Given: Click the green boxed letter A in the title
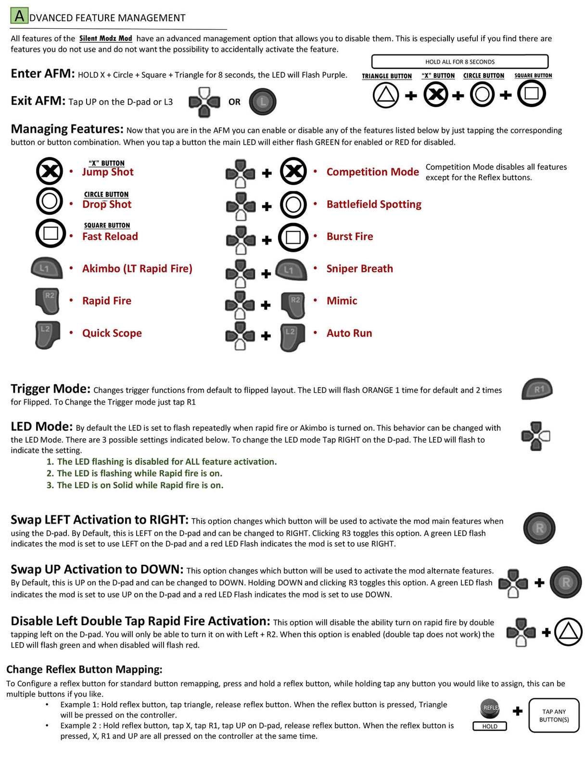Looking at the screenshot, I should click(x=19, y=16).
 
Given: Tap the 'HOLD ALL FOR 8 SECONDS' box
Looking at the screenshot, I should click(x=459, y=62).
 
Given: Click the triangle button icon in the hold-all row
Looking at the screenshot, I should click(x=385, y=95).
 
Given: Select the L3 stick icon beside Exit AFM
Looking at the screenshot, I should click(x=262, y=101).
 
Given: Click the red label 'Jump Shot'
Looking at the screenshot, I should click(x=108, y=172).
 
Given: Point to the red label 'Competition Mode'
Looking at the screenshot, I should click(x=372, y=172).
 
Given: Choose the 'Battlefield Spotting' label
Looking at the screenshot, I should click(x=374, y=204).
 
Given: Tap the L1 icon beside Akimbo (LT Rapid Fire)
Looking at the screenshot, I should click(x=47, y=268).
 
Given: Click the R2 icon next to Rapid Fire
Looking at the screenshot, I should click(x=47, y=301).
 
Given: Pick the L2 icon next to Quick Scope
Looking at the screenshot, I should click(x=47, y=334).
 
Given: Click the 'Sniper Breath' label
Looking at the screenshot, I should click(x=359, y=269).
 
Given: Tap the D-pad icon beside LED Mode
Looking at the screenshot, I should click(x=535, y=436).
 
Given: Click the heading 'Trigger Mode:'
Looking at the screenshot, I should click(x=51, y=388).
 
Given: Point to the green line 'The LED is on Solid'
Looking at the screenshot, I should click(x=140, y=485).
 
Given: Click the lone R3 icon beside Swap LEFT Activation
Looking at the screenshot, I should click(x=539, y=528).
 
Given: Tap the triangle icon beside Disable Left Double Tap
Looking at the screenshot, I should click(x=568, y=632).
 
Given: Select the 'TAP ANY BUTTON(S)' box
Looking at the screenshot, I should click(x=554, y=715).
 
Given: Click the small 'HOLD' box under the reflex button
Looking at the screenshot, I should click(x=490, y=726).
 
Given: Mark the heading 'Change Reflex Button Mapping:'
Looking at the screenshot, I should click(x=84, y=669).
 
